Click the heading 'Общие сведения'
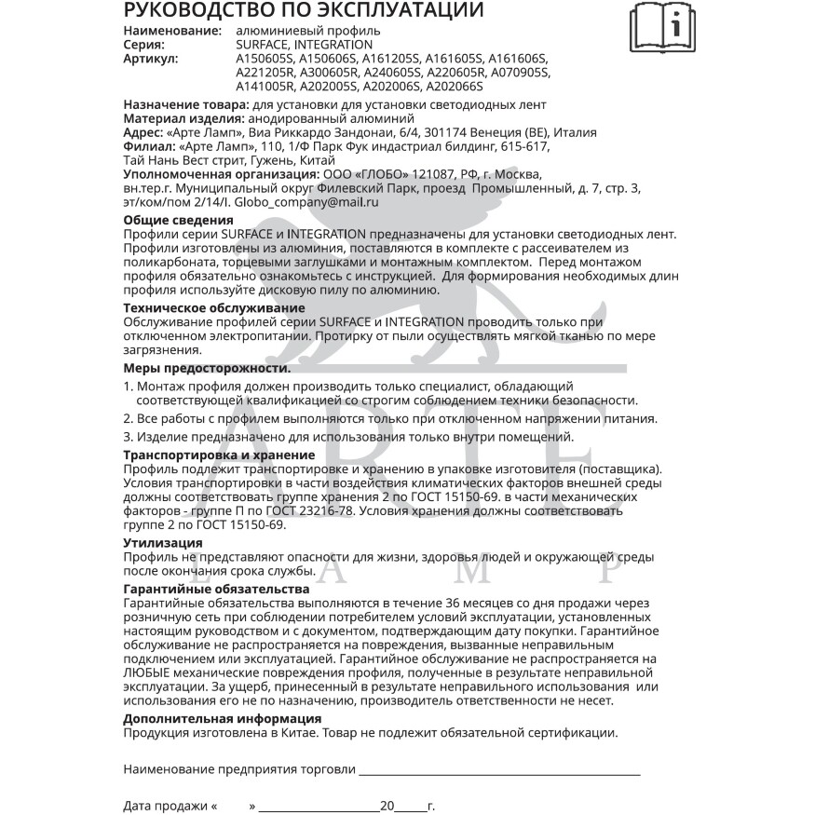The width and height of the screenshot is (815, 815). click(x=178, y=220)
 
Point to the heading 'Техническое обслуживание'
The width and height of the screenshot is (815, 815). click(x=213, y=307)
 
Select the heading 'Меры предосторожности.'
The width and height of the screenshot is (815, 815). click(x=207, y=368)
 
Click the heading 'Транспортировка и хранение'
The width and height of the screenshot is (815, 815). click(x=219, y=455)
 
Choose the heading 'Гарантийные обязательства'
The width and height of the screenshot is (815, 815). click(x=216, y=590)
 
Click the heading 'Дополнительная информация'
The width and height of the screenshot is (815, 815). click(x=223, y=718)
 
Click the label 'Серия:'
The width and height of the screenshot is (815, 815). click(x=144, y=45)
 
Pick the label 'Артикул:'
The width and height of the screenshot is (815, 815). click(x=151, y=58)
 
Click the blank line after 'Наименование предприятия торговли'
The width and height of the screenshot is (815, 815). click(x=499, y=770)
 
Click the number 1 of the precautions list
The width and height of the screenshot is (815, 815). click(x=128, y=386)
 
